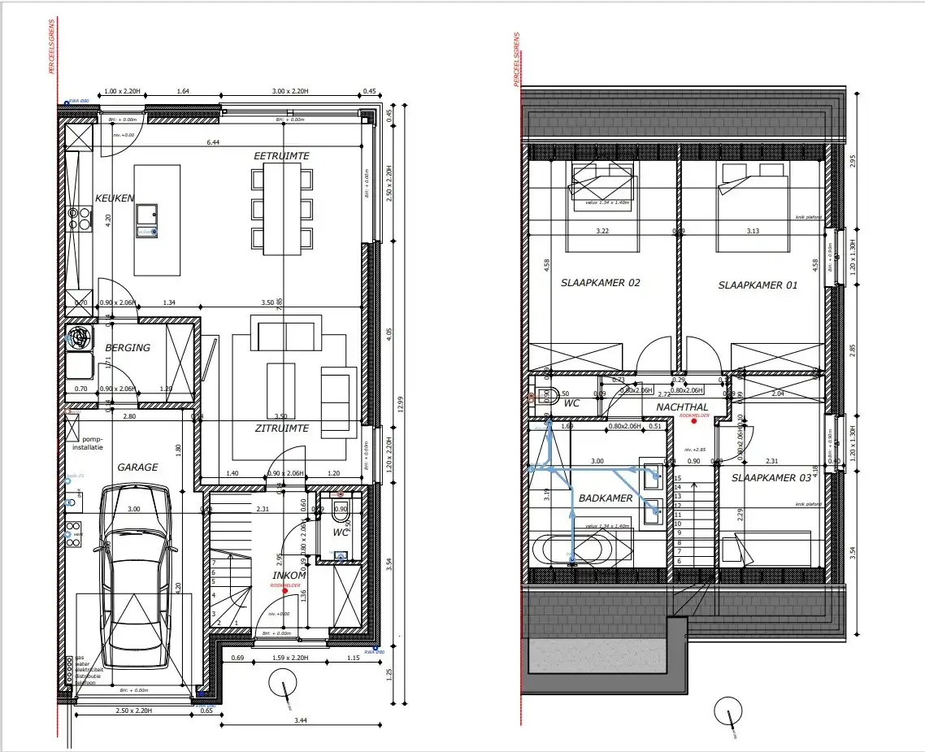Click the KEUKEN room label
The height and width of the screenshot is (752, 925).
114,198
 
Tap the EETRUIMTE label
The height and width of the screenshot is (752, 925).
281,155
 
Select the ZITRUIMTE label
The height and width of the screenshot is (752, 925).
280,428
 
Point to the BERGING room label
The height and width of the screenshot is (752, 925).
128,348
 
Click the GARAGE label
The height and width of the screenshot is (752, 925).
137,467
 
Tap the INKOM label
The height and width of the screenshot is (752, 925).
289,576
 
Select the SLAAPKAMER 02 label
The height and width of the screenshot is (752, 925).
601,284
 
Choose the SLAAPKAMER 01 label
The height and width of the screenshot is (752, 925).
758,285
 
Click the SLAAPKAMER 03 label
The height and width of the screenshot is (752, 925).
771,478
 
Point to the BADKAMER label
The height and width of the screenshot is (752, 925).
606,498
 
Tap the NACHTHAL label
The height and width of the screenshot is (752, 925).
682,406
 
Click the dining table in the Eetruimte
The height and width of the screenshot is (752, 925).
281,207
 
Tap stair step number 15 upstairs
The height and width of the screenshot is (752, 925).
678,479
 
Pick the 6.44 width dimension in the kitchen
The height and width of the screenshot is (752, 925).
213,142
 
